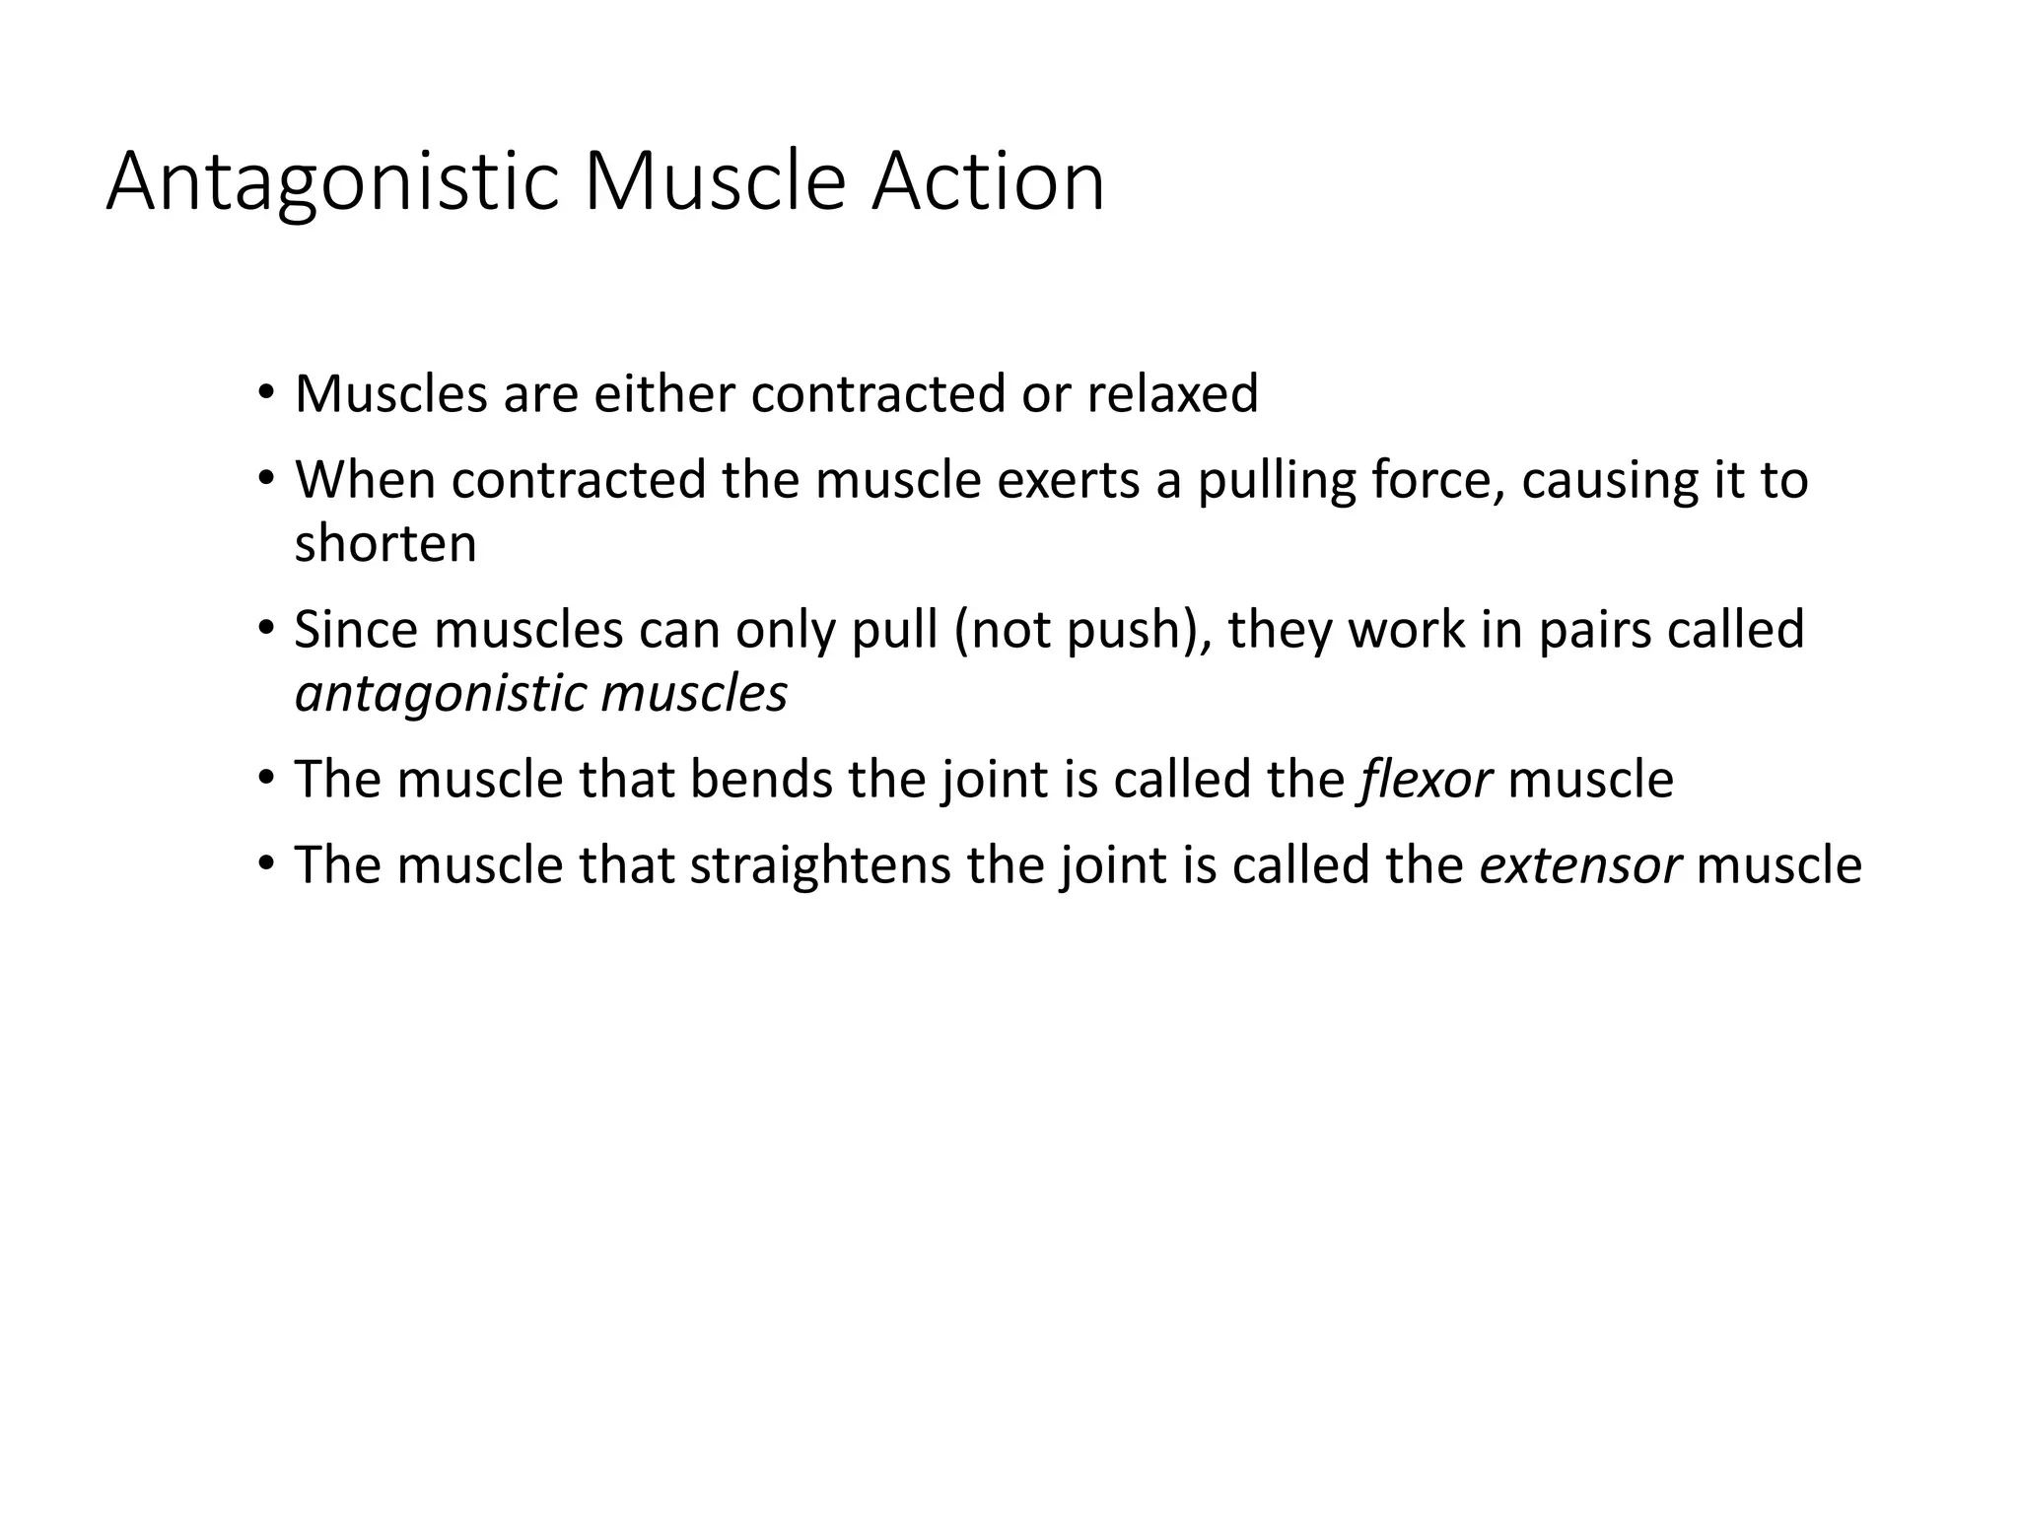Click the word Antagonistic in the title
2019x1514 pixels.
(333, 182)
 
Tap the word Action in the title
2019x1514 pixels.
(987, 182)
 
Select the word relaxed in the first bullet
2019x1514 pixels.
(1172, 393)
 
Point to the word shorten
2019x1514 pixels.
(385, 543)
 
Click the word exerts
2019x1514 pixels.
(1065, 480)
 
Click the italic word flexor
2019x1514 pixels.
(1425, 779)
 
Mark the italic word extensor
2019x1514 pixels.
(1580, 864)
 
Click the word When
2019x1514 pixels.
(366, 480)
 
